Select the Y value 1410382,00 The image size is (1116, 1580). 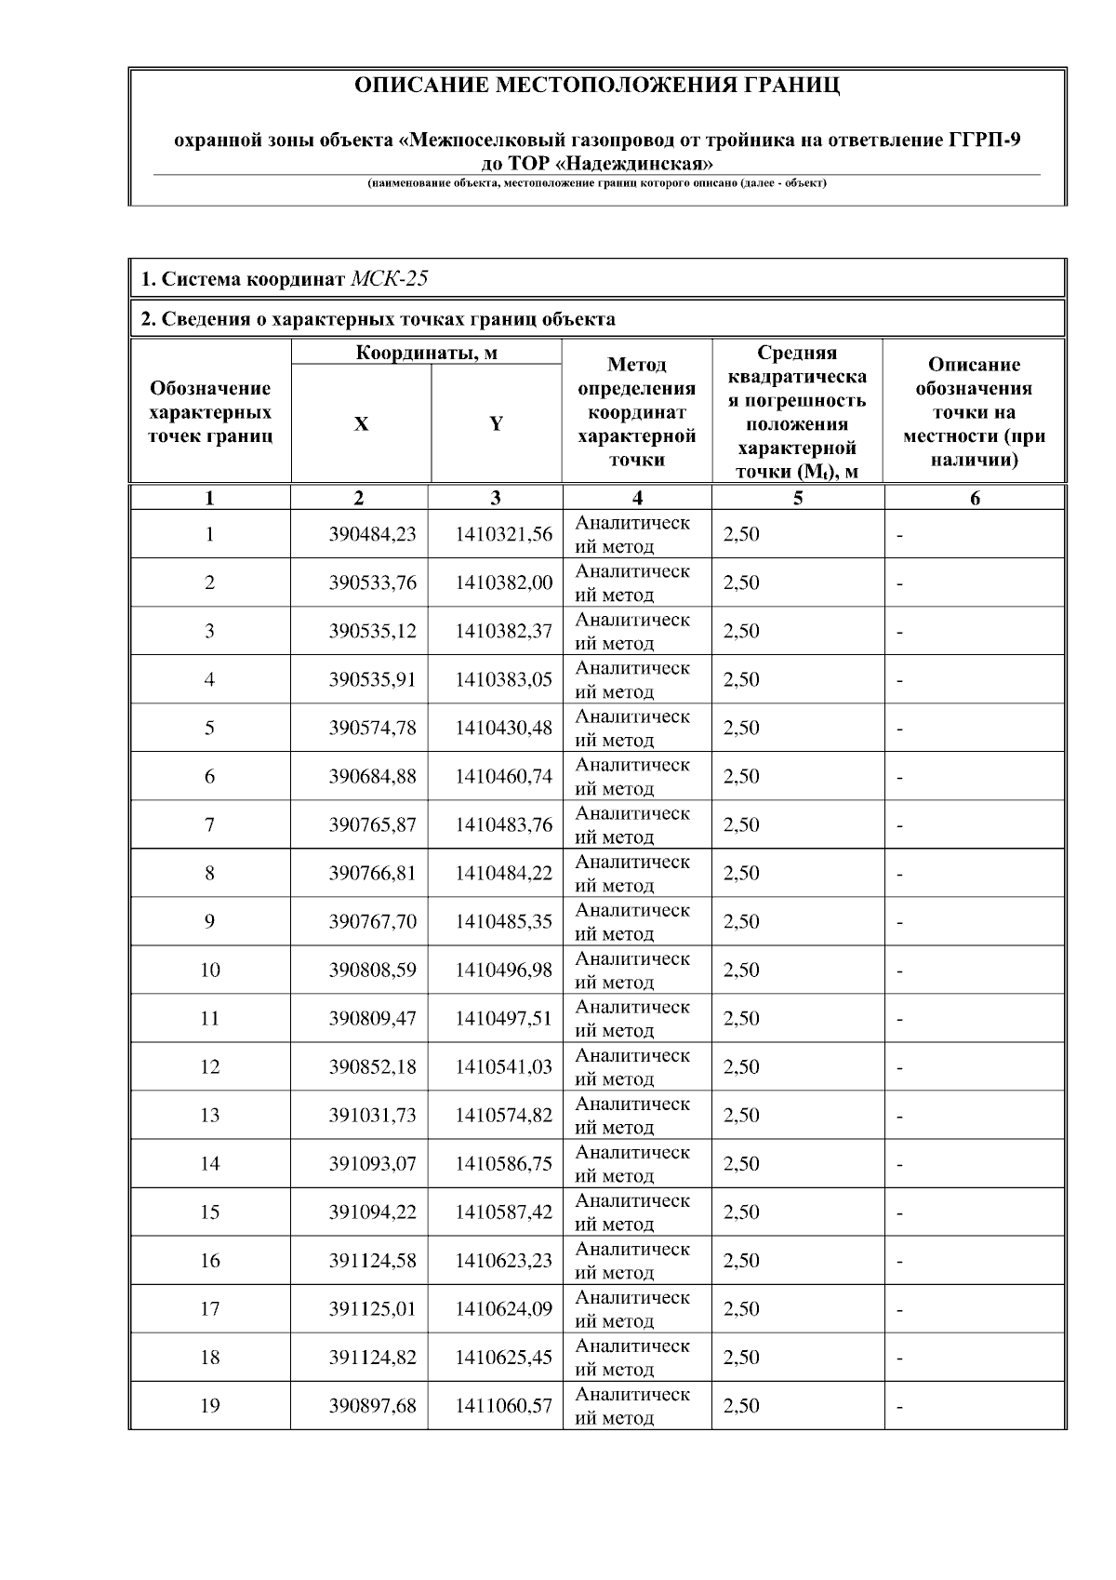[503, 582]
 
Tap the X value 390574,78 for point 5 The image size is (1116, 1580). [372, 728]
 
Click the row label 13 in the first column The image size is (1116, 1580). [209, 1115]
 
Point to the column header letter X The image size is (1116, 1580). [361, 424]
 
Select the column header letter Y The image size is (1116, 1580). [496, 424]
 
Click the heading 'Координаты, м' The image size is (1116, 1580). [426, 353]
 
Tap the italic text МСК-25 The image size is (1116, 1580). [390, 278]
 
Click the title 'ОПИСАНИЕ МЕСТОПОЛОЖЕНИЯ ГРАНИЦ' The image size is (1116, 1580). [597, 86]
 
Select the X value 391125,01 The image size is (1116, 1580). [372, 1308]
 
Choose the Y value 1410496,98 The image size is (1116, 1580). [503, 970]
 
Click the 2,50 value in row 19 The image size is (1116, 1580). [741, 1405]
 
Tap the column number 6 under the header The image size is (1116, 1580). [975, 498]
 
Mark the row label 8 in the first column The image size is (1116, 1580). [209, 873]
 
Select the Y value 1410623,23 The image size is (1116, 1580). [503, 1260]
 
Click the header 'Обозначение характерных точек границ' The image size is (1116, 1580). [210, 412]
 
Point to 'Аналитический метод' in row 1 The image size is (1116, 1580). [632, 534]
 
